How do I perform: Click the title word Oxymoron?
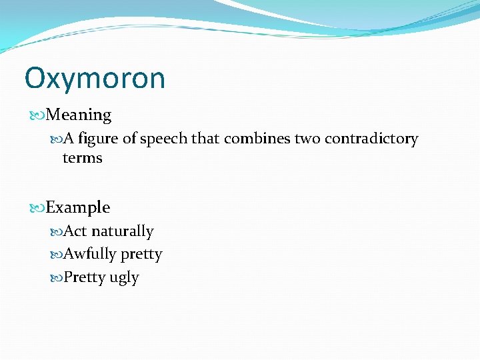(95, 79)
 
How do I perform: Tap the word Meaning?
(79, 115)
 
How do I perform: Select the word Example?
(78, 207)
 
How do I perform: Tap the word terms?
(82, 158)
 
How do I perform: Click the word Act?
(76, 231)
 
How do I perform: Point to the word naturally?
(123, 231)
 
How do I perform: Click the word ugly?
(124, 277)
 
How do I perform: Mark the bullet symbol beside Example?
(39, 208)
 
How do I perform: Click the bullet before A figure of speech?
(57, 139)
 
